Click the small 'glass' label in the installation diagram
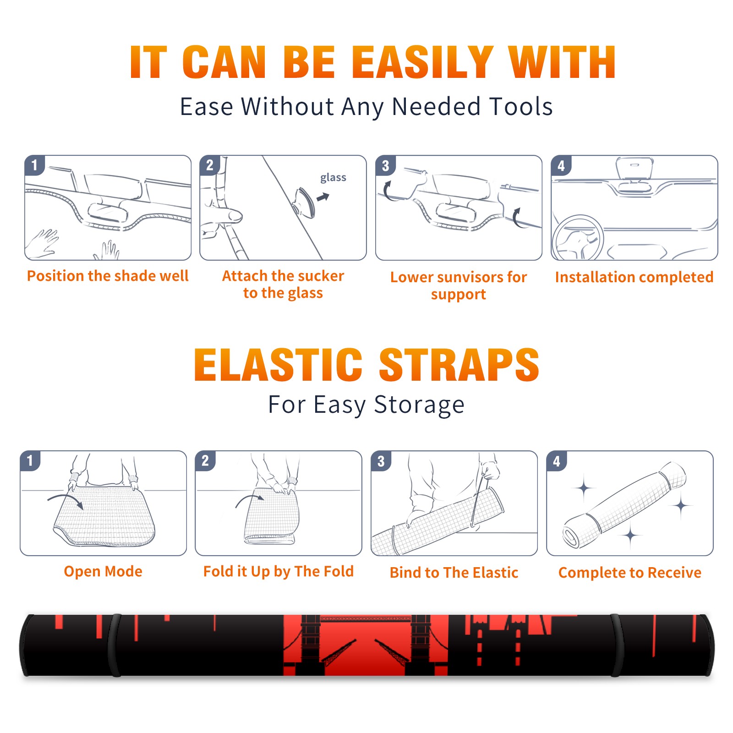pyautogui.click(x=333, y=178)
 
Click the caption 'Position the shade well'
pyautogui.click(x=108, y=276)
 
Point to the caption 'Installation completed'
pyautogui.click(x=634, y=277)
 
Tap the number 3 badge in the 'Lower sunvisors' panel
pyautogui.click(x=385, y=165)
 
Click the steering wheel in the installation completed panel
pyautogui.click(x=578, y=238)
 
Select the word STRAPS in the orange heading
pyautogui.click(x=459, y=365)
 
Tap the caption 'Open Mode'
pyautogui.click(x=103, y=571)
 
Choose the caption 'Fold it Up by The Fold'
pyautogui.click(x=279, y=571)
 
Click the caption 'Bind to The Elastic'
pyautogui.click(x=454, y=573)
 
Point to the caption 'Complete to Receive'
pyautogui.click(x=630, y=573)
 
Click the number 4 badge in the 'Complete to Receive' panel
pyautogui.click(x=557, y=461)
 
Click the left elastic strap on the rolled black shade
pyautogui.click(x=114, y=645)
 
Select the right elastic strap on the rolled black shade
pyautogui.click(x=617, y=645)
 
